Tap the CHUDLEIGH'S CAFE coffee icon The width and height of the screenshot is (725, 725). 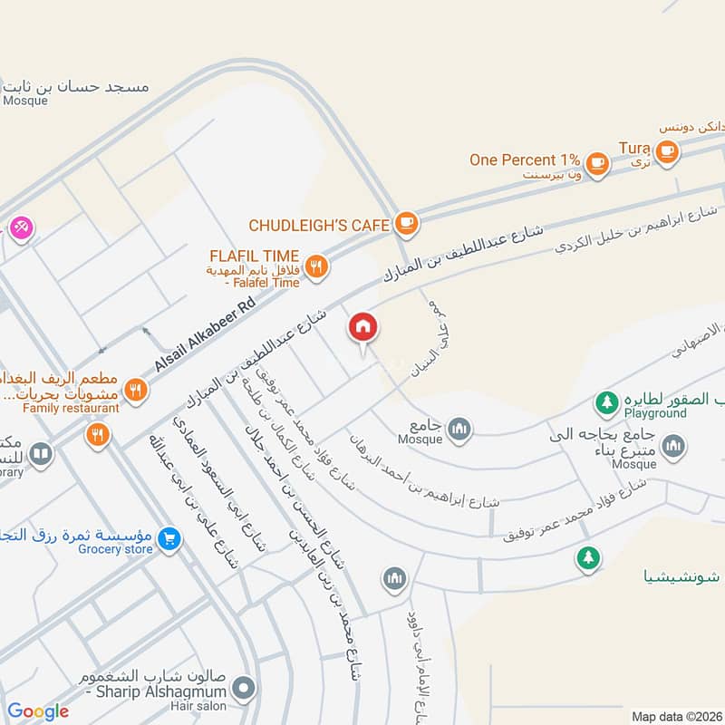407,223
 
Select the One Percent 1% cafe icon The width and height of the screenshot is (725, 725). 596,163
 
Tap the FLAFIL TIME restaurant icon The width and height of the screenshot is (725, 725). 316,266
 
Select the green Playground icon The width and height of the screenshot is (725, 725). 605,400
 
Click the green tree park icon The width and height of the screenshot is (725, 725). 589,558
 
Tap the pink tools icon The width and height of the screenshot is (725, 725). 20,227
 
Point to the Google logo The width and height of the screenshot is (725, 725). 38,711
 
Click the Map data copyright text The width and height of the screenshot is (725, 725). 675,716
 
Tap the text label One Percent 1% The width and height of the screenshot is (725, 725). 525,159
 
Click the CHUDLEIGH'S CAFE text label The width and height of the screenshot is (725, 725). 318,224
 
